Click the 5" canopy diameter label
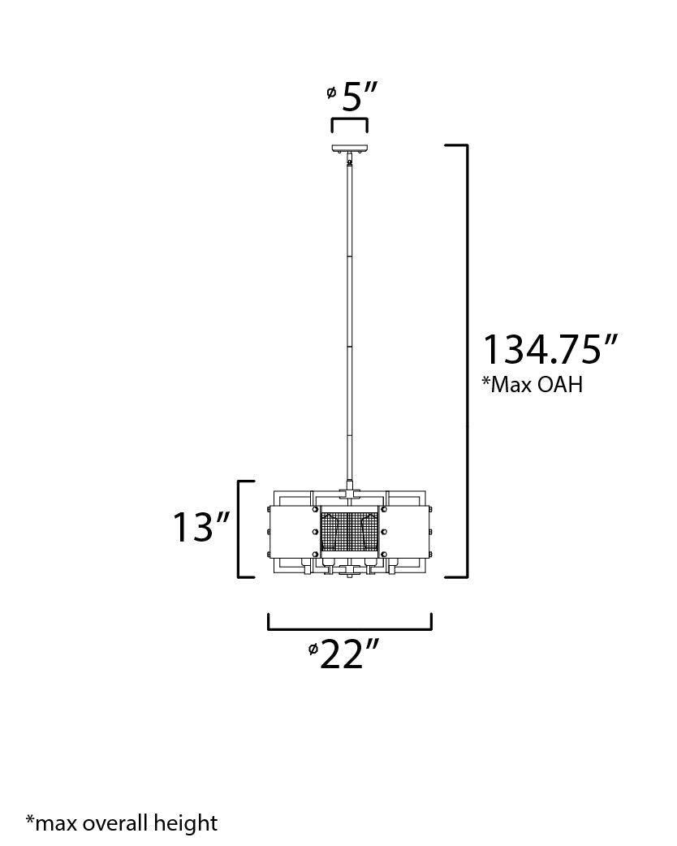(353, 97)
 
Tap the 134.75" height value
(550, 350)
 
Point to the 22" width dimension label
(343, 654)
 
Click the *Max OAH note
(532, 385)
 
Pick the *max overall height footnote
(122, 823)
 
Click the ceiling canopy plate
(350, 149)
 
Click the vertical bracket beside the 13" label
(239, 529)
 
